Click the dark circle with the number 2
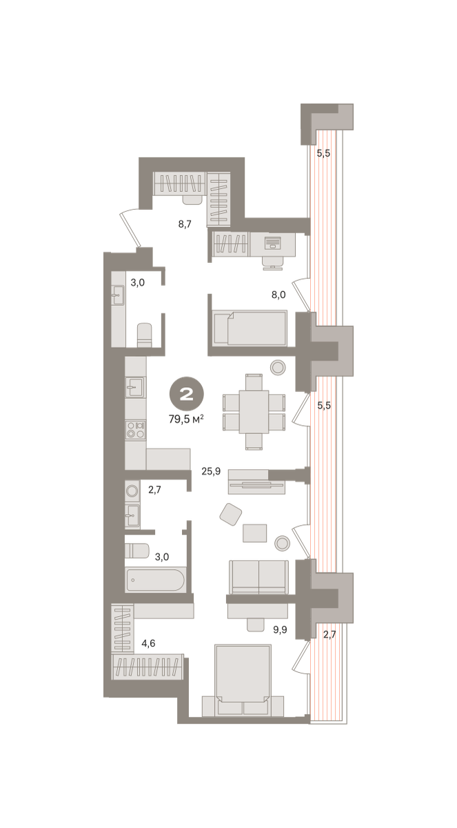[x=186, y=394]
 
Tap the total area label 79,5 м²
[x=186, y=420]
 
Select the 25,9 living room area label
[x=211, y=471]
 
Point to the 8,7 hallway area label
[x=185, y=224]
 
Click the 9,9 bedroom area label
[x=280, y=629]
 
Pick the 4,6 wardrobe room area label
[x=148, y=643]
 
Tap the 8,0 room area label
[x=278, y=295]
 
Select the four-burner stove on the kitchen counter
[x=136, y=429]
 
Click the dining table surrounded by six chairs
[x=254, y=412]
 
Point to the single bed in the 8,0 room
[x=250, y=328]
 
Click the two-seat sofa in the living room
[x=258, y=577]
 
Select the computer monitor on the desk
[x=272, y=243]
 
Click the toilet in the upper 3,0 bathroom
[x=144, y=335]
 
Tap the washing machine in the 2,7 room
[x=132, y=491]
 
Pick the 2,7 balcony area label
[x=329, y=635]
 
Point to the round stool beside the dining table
[x=278, y=367]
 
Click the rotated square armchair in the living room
[x=231, y=514]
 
